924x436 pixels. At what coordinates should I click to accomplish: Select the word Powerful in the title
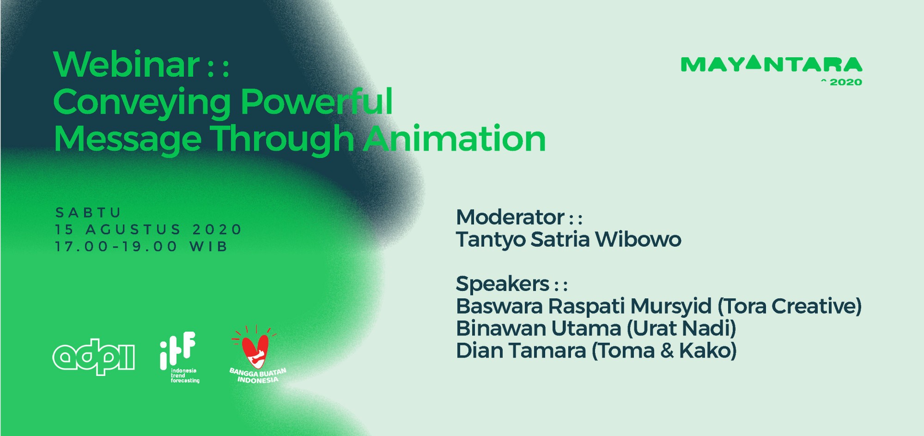317,101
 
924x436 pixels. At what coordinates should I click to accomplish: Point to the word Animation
455,138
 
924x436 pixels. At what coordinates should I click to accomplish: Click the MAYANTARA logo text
772,64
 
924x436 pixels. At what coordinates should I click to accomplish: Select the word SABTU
88,212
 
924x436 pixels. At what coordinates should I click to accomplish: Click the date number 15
64,230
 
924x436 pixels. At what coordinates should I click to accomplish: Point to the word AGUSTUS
133,230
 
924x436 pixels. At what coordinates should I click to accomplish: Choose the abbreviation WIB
209,247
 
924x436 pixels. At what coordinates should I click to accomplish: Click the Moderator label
510,217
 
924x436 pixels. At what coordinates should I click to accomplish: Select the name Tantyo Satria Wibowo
569,240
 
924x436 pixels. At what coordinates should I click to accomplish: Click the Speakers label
503,284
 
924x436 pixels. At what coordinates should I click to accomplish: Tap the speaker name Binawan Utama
539,328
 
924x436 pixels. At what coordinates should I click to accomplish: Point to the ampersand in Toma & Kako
667,351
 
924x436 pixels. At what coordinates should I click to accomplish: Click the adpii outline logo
94,357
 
